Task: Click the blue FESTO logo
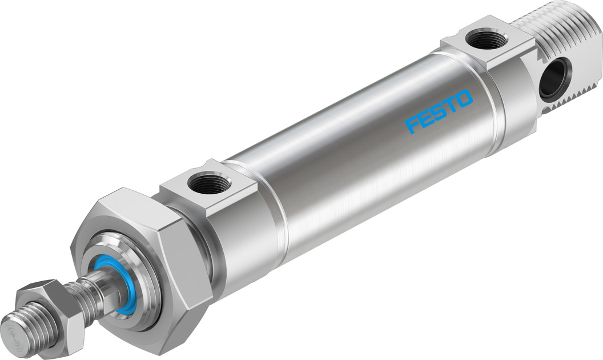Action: coord(439,111)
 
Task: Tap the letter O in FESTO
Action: coord(464,98)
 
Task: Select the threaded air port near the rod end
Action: coord(209,184)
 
